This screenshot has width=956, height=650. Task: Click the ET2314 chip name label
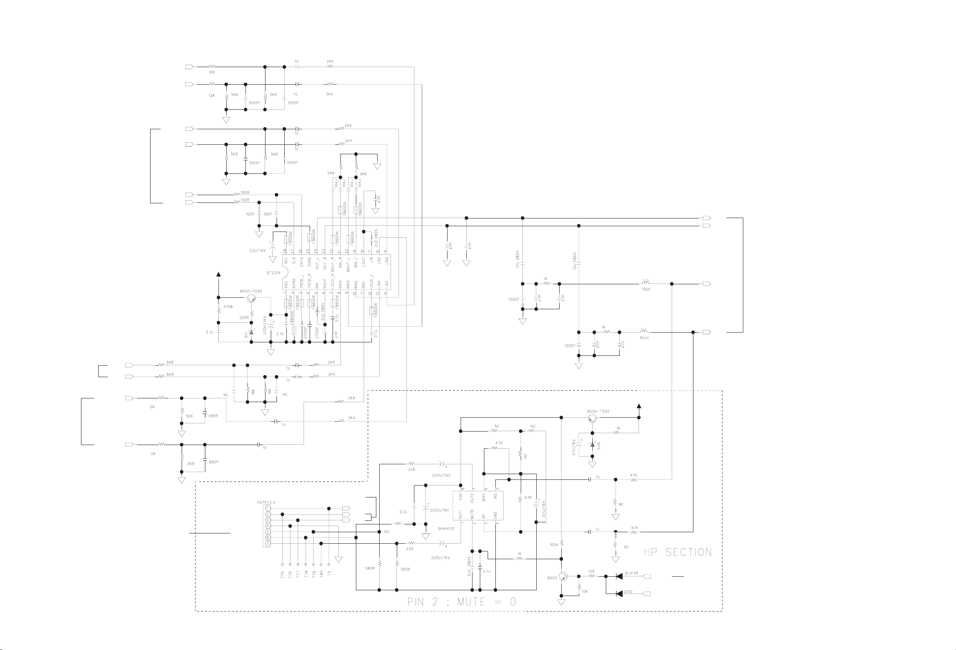[x=274, y=273]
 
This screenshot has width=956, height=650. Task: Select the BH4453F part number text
[x=446, y=529]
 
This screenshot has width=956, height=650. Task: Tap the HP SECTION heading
[x=677, y=552]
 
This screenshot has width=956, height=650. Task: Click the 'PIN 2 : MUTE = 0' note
[x=461, y=602]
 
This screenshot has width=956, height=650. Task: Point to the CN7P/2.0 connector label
[x=266, y=502]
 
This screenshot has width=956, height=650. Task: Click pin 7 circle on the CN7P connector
[x=268, y=544]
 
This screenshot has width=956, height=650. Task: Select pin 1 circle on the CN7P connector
[x=268, y=508]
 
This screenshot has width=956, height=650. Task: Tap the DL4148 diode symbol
[x=619, y=576]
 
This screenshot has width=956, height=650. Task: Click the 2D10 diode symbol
[x=619, y=594]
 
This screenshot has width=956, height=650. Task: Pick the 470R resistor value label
[x=228, y=307]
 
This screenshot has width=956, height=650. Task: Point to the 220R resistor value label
[x=244, y=317]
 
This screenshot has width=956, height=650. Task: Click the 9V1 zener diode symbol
[x=252, y=332]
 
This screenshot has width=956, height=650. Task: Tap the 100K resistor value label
[x=554, y=545]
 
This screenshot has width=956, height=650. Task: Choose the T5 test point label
[x=329, y=573]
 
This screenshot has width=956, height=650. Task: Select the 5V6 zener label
[x=598, y=445]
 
